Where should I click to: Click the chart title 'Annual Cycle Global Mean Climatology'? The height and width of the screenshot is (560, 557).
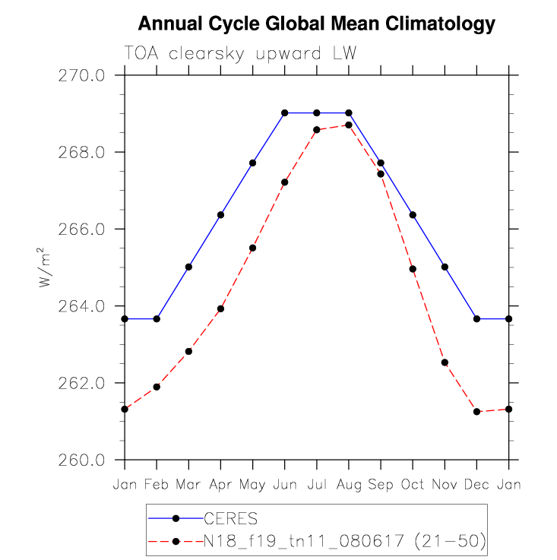(x=317, y=24)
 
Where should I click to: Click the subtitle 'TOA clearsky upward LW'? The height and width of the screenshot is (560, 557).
(x=240, y=54)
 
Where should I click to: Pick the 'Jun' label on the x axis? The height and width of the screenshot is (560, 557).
(x=284, y=484)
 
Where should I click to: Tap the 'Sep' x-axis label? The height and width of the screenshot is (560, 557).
(x=381, y=484)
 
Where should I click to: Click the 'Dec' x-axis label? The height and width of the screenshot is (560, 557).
(x=476, y=484)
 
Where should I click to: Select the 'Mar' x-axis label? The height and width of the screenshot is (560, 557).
(x=188, y=484)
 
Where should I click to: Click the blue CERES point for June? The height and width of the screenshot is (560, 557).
(x=284, y=113)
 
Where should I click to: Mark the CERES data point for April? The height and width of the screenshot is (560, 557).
(x=220, y=215)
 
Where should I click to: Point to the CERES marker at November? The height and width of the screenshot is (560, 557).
(x=445, y=267)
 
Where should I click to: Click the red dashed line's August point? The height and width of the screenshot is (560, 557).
(x=349, y=125)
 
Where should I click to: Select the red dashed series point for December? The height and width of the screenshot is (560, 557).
(x=476, y=412)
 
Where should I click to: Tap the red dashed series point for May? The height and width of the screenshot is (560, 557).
(x=252, y=248)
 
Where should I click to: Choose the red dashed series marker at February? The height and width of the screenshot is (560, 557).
(x=157, y=387)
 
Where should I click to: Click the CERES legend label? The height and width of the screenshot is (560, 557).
(x=230, y=518)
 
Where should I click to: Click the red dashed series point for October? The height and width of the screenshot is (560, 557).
(x=413, y=269)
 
